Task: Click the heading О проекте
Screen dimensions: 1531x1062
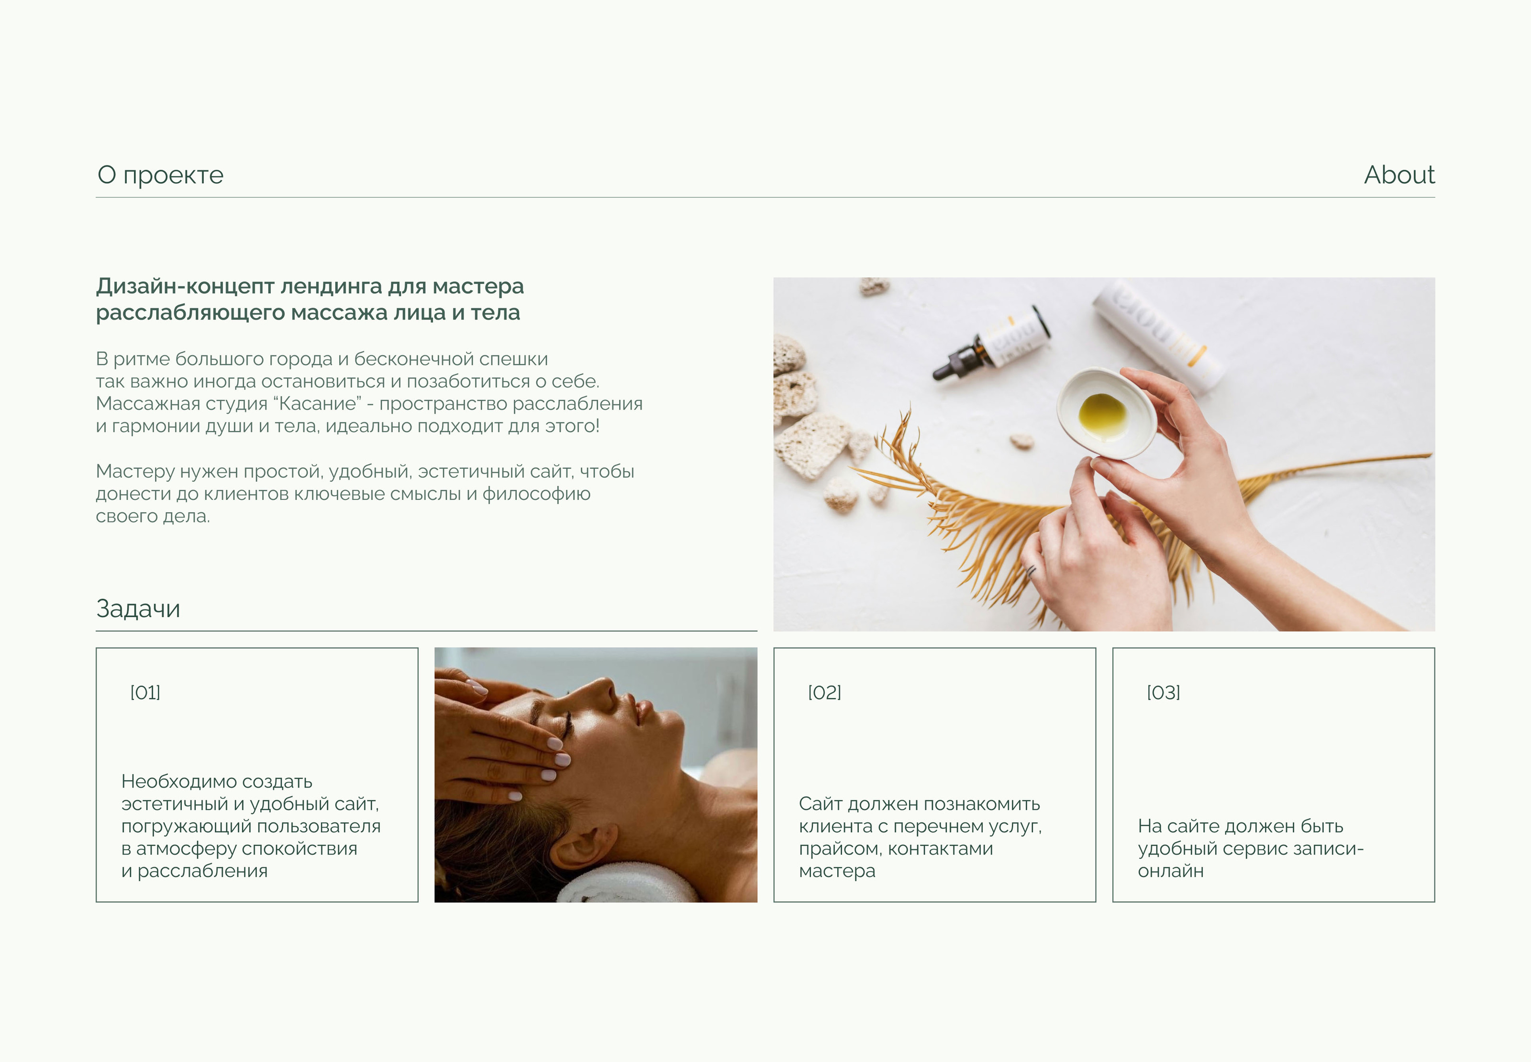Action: (160, 175)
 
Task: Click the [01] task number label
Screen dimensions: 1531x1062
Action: (145, 693)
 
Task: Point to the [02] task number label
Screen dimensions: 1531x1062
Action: (824, 693)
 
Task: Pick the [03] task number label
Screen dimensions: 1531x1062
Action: (1163, 693)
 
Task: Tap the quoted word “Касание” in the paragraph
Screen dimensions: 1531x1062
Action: (320, 403)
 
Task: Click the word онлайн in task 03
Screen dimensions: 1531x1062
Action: (1170, 871)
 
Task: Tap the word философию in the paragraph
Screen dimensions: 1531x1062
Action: (536, 494)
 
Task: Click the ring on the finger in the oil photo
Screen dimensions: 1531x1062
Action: (1032, 571)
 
